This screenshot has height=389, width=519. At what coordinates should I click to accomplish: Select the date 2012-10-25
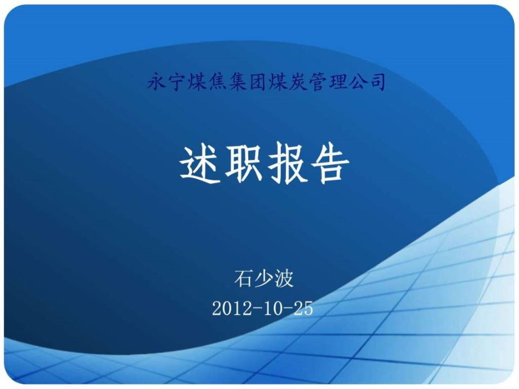263,308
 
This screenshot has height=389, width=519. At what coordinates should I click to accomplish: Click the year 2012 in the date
229,308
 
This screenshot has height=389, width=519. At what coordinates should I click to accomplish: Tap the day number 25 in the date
303,308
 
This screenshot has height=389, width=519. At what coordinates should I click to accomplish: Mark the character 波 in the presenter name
285,279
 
